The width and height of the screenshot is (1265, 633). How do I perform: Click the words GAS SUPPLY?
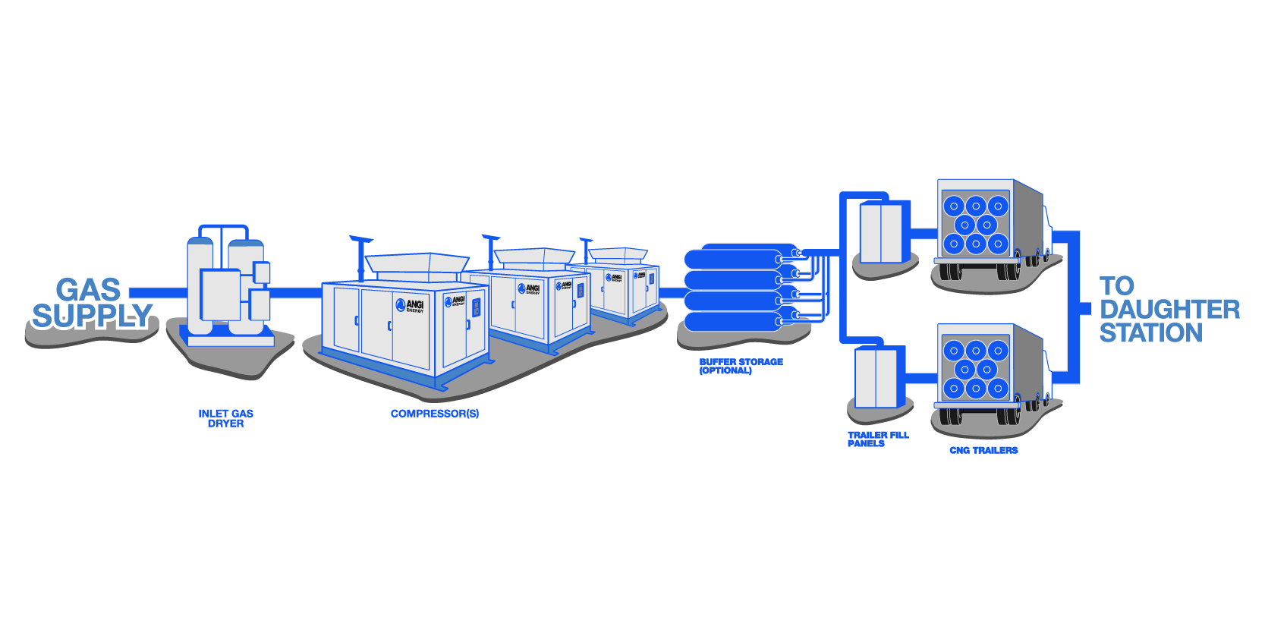[x=90, y=304]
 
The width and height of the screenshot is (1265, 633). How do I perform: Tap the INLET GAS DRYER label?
[x=225, y=418]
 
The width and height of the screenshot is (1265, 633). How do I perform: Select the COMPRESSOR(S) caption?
[x=434, y=414]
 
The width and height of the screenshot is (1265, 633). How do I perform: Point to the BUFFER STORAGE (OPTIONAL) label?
[x=740, y=366]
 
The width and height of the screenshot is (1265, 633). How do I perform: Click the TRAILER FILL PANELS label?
[x=876, y=439]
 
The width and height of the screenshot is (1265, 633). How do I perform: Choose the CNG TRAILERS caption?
[x=983, y=450]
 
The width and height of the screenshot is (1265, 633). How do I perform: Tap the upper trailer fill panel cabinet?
[x=881, y=232]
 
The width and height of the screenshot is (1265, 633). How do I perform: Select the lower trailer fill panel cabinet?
[x=876, y=377]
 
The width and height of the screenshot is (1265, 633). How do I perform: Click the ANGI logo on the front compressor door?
[x=411, y=305]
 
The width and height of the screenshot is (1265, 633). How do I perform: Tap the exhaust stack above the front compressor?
[x=360, y=258]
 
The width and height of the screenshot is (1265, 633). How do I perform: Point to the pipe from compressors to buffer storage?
[x=671, y=292]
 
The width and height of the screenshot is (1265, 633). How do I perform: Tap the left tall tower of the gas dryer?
[x=200, y=285]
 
